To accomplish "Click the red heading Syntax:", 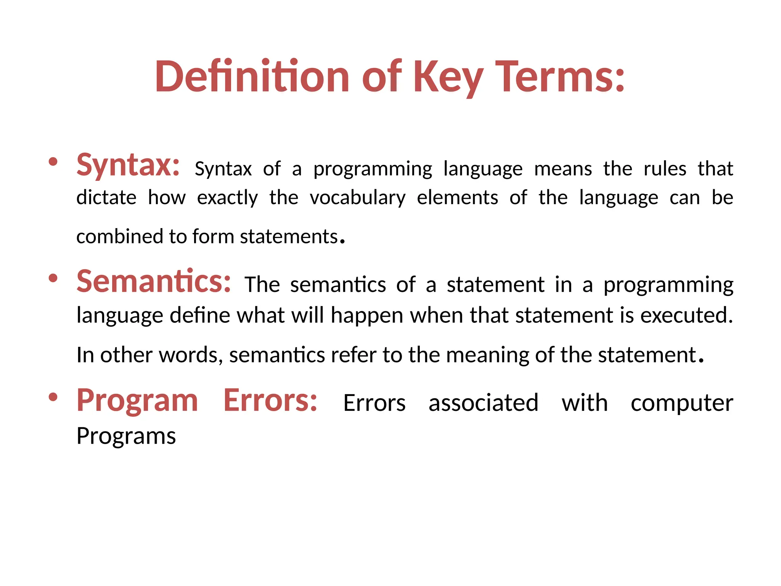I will (128, 165).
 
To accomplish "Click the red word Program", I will (137, 400).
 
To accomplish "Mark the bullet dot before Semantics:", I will (53, 278).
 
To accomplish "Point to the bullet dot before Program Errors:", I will (53, 397).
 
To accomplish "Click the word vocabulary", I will (357, 198).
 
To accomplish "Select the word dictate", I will (106, 198).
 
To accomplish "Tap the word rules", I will (665, 169).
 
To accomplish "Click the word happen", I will (367, 316).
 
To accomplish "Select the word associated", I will (483, 403).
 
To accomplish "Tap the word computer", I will (681, 404).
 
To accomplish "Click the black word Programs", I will (126, 436).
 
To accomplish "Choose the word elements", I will (457, 198).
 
